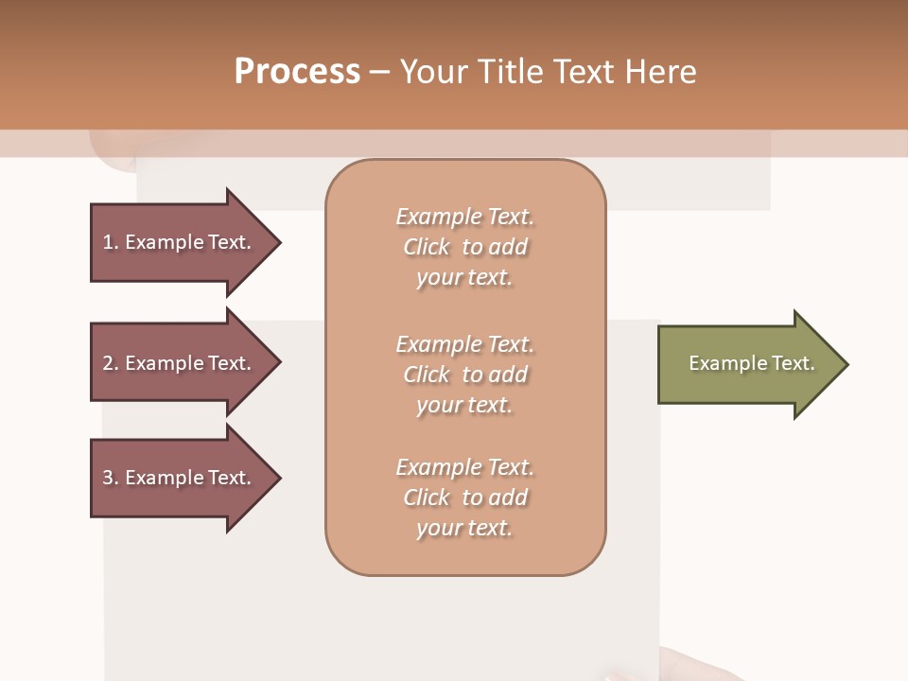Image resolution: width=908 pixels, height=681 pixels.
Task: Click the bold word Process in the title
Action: coord(297,72)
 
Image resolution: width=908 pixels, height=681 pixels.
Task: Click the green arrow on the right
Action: coord(747,364)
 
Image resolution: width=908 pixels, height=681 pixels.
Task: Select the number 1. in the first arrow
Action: coord(111,242)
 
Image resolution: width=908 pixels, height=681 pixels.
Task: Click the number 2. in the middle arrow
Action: coord(111,363)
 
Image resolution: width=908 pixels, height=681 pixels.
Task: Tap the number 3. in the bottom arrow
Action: coord(111,478)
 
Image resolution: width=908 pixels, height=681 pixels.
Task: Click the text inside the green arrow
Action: coord(751,363)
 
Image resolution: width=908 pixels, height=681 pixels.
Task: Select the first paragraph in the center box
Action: coord(464,247)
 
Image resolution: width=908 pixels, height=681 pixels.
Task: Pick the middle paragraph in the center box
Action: coord(464,375)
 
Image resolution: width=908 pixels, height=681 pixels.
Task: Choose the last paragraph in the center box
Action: coord(464,498)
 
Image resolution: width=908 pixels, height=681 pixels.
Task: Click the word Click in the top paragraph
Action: coord(427,247)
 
